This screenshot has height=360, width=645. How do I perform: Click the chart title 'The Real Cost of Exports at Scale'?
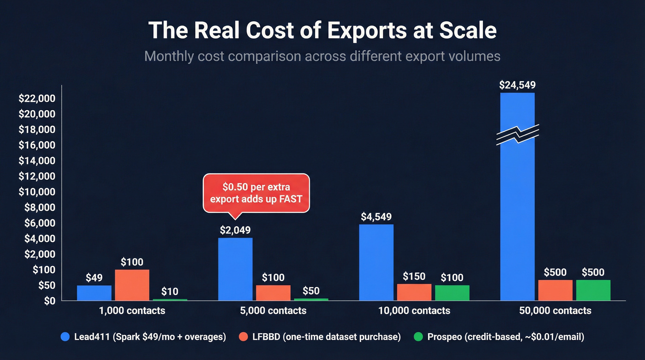point(322,31)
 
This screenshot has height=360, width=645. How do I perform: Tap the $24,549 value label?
point(517,85)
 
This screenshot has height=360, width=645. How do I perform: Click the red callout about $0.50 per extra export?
point(256,193)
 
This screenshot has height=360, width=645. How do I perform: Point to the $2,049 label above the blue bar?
point(235,230)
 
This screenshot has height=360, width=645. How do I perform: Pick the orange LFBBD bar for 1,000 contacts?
point(132,285)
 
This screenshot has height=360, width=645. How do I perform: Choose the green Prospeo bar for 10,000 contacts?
point(452,293)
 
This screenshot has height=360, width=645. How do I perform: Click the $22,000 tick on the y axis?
point(37,99)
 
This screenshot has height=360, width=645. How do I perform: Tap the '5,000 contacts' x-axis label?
point(273,311)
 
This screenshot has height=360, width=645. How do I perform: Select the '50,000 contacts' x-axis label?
point(555,311)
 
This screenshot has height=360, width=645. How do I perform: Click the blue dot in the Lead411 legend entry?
point(65,337)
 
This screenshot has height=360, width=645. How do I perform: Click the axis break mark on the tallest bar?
point(517,134)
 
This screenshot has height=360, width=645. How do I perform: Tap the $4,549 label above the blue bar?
point(376,217)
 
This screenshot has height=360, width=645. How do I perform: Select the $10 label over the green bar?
point(170,291)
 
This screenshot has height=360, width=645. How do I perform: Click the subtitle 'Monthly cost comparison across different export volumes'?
point(322,56)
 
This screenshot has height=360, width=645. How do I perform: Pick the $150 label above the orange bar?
point(414,276)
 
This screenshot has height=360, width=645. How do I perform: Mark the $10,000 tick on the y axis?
point(37,192)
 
